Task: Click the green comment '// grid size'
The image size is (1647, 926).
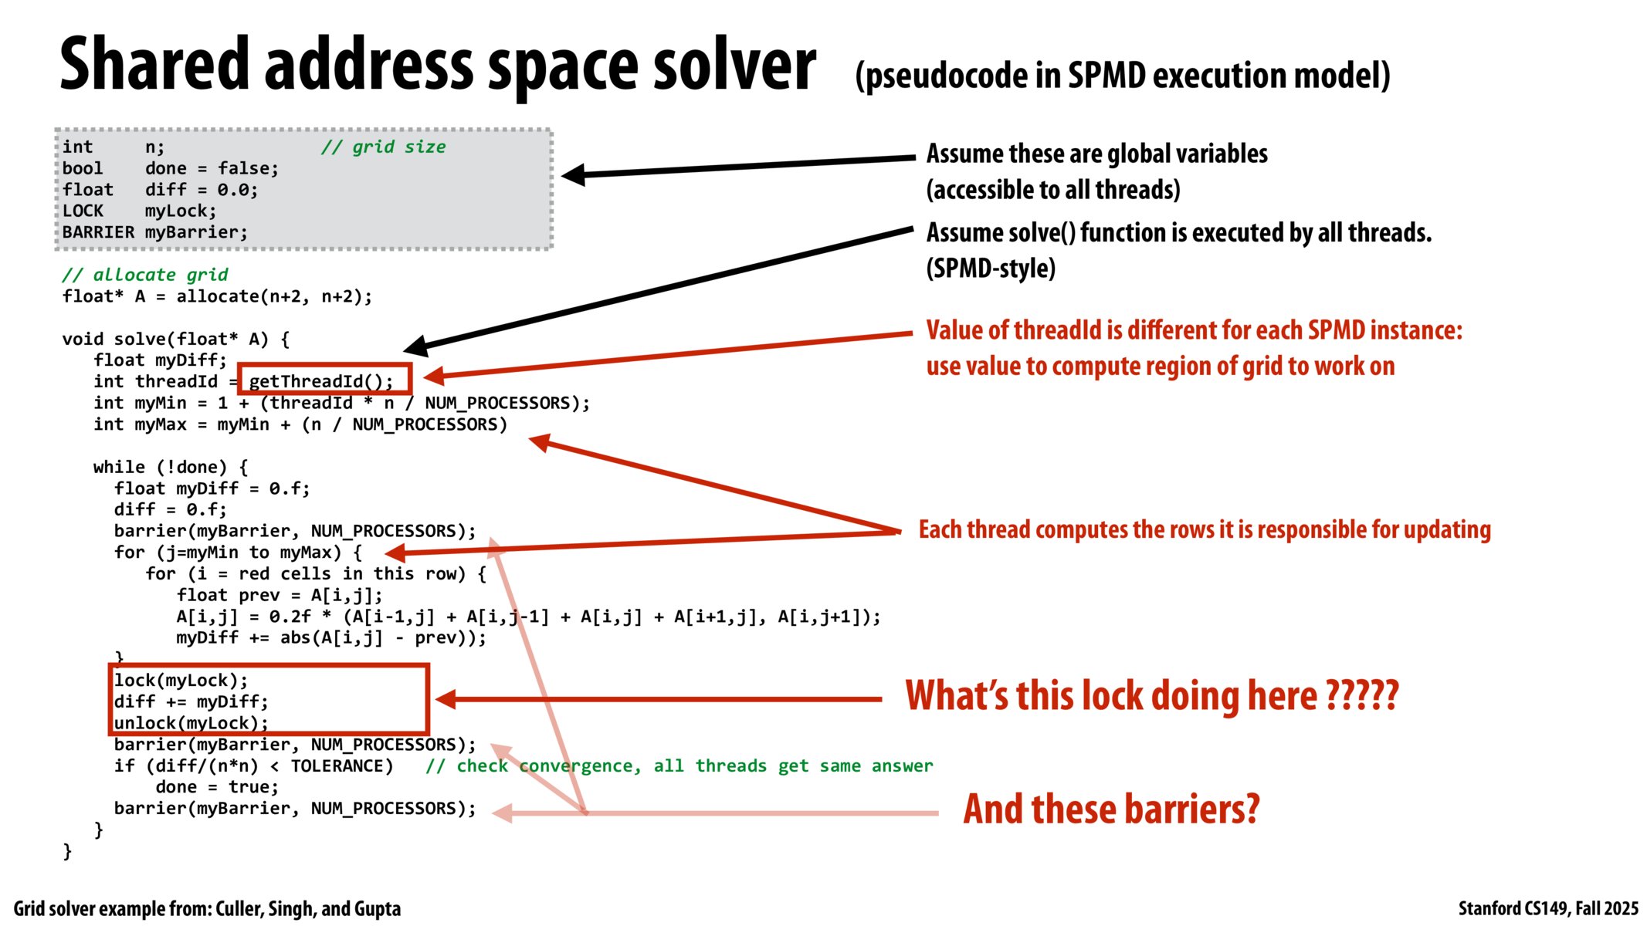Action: pyautogui.click(x=383, y=147)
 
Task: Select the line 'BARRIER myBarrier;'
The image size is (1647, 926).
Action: pyautogui.click(x=154, y=232)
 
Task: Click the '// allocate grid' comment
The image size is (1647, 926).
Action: pyautogui.click(x=144, y=275)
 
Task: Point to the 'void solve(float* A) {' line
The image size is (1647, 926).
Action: pyautogui.click(x=175, y=339)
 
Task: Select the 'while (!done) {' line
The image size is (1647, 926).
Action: pyautogui.click(x=170, y=467)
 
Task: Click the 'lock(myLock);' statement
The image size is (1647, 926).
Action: pyautogui.click(x=181, y=680)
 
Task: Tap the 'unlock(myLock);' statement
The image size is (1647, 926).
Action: pyautogui.click(x=191, y=723)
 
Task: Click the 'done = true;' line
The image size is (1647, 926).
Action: pyautogui.click(x=216, y=787)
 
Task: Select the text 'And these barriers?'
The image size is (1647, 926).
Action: pyautogui.click(x=1110, y=809)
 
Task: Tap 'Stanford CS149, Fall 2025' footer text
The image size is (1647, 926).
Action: pyautogui.click(x=1547, y=908)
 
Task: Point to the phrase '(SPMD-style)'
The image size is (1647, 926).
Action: pyautogui.click(x=991, y=268)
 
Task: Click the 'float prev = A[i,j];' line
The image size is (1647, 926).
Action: pyautogui.click(x=279, y=595)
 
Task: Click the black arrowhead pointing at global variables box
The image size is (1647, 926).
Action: pyautogui.click(x=574, y=175)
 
